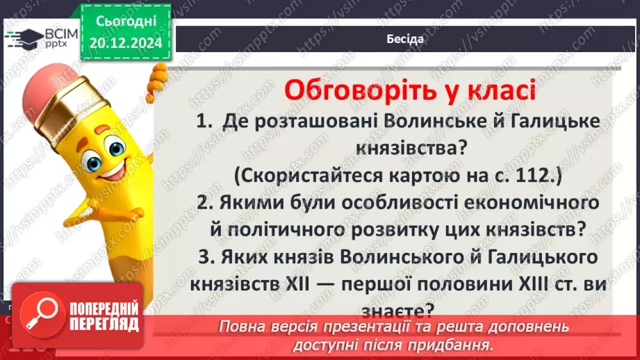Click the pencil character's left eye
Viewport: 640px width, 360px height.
92,159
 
